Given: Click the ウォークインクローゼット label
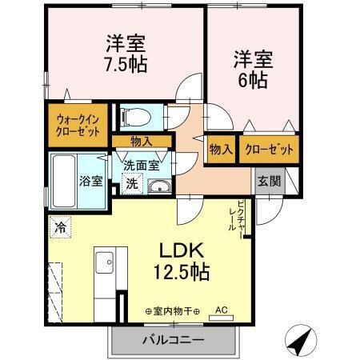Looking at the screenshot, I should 78,126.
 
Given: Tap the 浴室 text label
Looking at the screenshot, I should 91,180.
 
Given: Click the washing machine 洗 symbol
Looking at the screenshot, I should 131,184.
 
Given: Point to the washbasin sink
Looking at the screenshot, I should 159,187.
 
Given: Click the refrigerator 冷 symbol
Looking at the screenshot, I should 59,226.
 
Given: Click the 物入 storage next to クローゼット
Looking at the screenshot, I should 221,150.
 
